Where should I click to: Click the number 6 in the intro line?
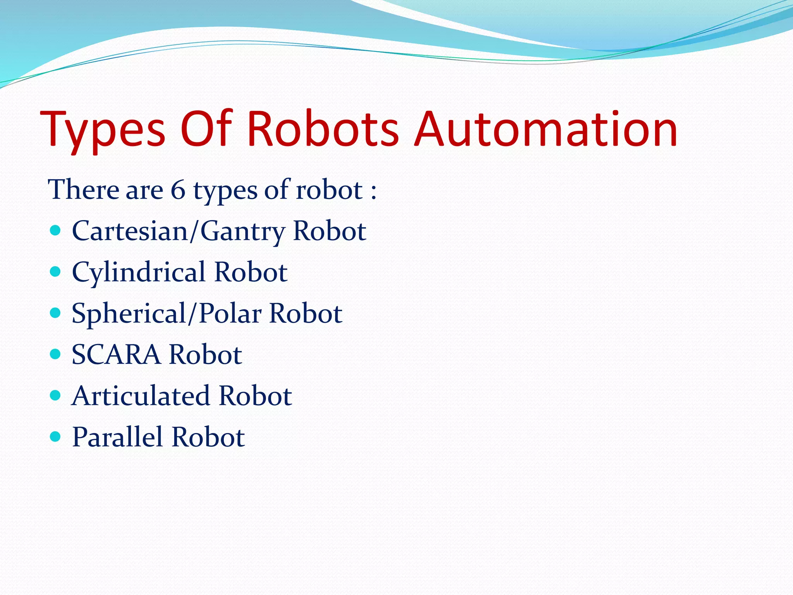[x=178, y=190]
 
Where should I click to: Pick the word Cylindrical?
[x=138, y=272]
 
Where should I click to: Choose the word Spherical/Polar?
[x=166, y=314]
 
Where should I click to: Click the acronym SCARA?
[x=116, y=355]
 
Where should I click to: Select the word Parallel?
[x=117, y=437]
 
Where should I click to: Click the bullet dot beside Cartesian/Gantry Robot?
[x=55, y=231]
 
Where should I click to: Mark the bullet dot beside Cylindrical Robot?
[x=55, y=272]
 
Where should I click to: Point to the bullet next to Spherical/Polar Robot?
[x=55, y=313]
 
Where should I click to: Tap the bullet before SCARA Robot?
[x=55, y=354]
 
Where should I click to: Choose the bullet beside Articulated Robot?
[x=55, y=395]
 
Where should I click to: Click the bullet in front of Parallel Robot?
[x=55, y=437]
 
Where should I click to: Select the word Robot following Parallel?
[x=208, y=437]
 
